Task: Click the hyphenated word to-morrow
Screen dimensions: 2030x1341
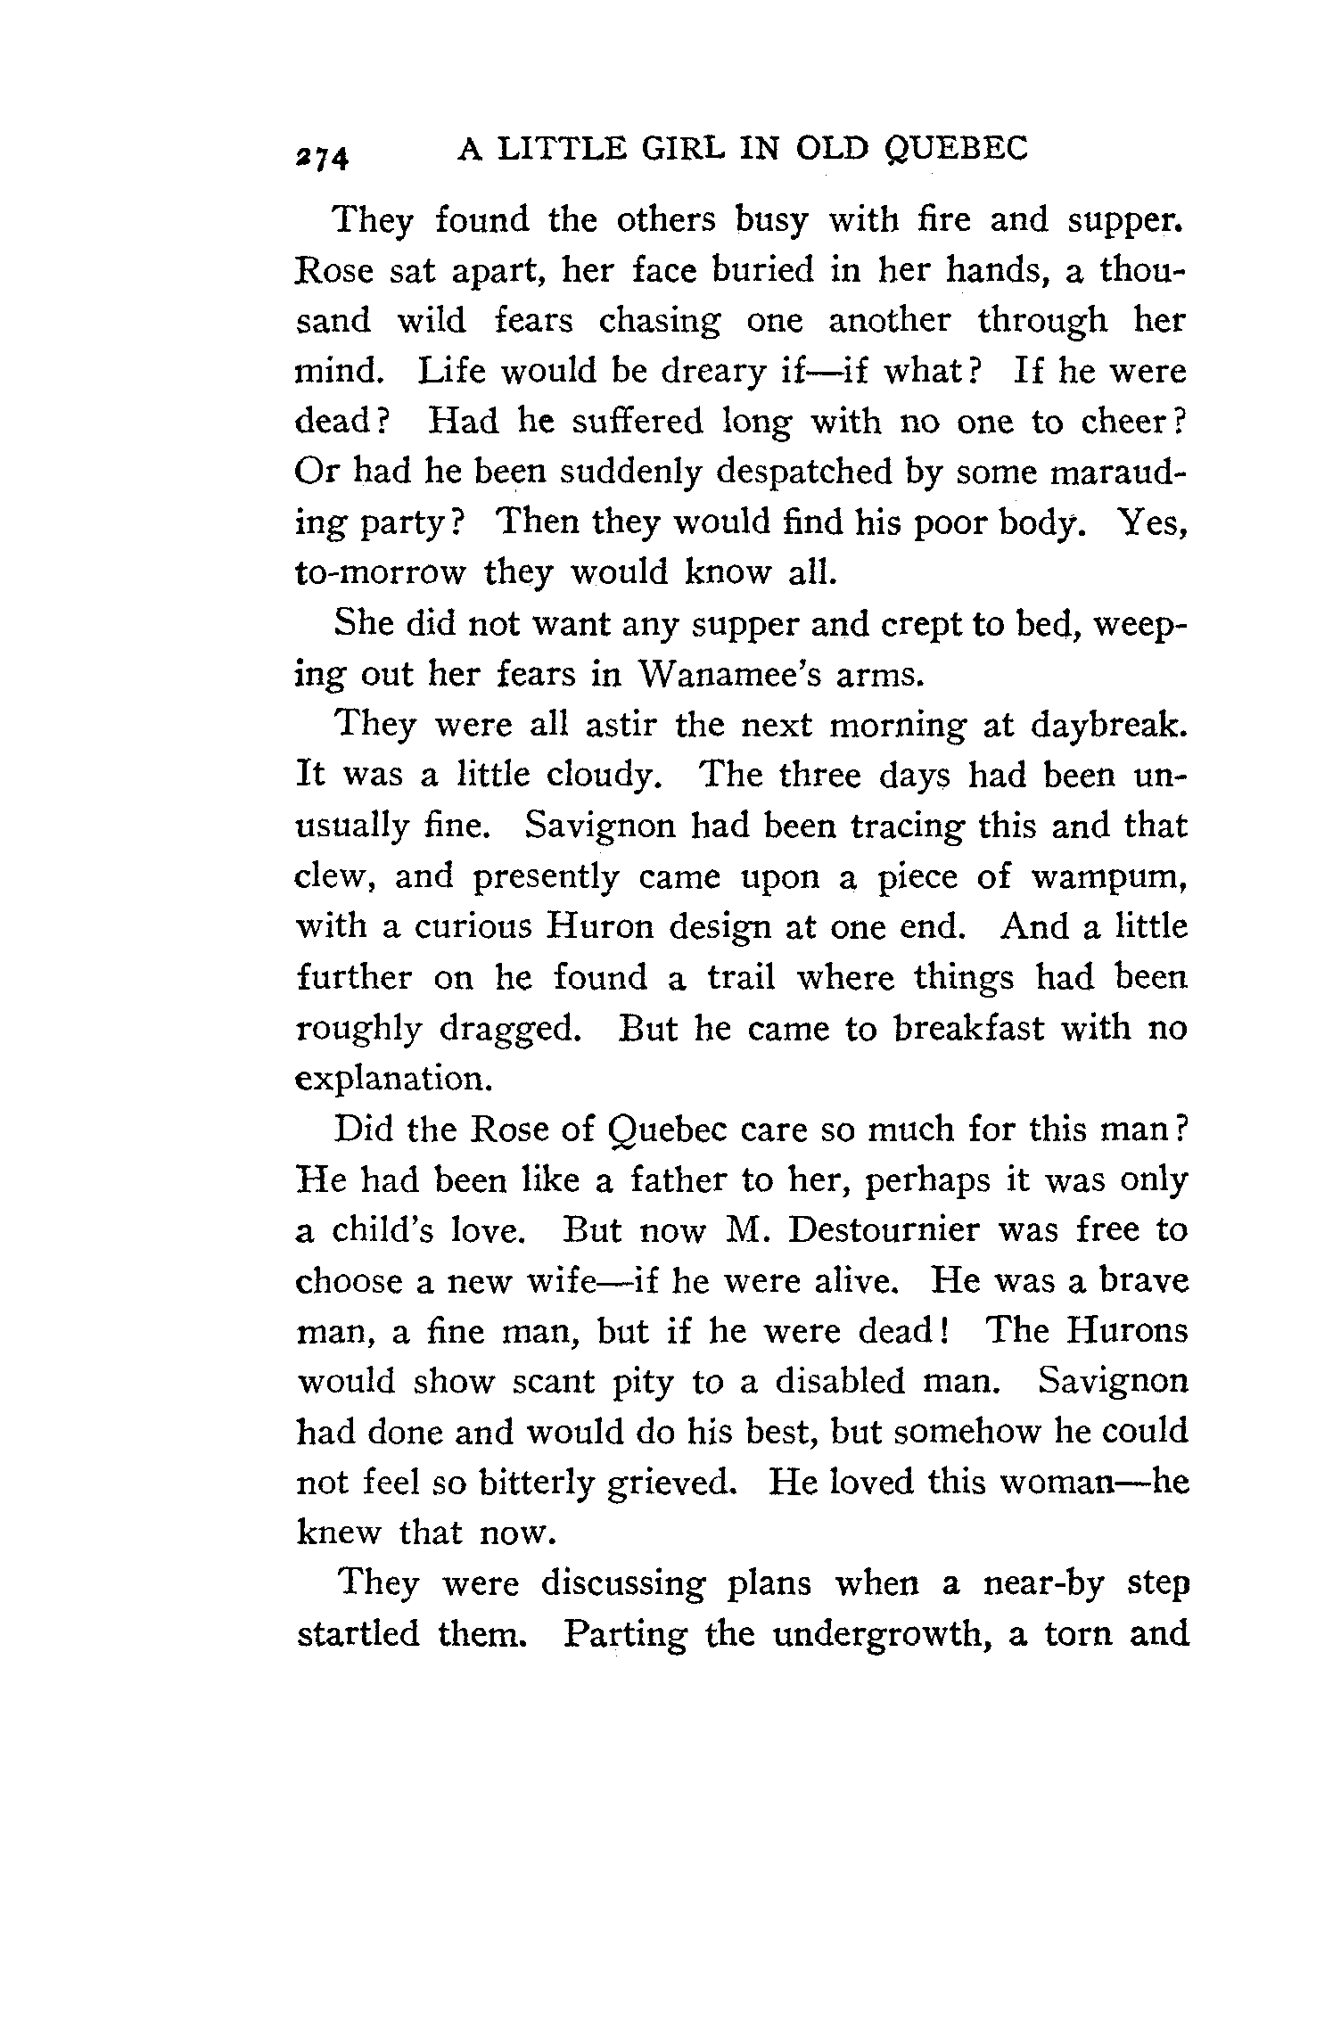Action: (380, 571)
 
